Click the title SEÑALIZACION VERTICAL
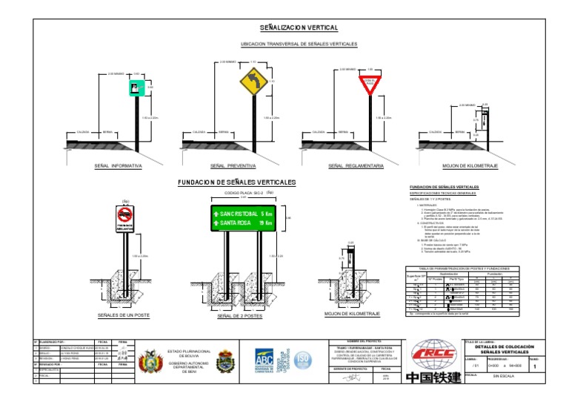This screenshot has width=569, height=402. tap(299, 28)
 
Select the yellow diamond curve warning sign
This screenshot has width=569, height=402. tap(253, 80)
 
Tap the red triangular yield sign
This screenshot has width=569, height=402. tap(369, 81)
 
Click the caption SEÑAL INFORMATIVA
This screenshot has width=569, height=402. tap(118, 165)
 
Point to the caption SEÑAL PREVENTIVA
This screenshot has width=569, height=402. tap(233, 165)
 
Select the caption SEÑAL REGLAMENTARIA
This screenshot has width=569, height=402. tap(355, 165)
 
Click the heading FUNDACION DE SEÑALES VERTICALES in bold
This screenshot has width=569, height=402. tap(236, 182)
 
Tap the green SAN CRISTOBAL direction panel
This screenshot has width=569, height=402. tap(244, 218)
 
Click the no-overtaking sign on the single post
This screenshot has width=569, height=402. tap(124, 215)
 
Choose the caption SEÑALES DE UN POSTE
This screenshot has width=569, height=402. tap(124, 316)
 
